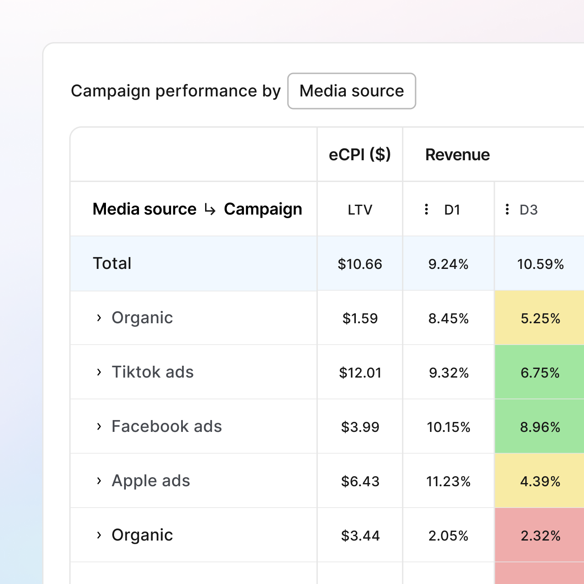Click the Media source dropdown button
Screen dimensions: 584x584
pos(351,91)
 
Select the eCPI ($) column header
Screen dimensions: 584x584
pos(359,155)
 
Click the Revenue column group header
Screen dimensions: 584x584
pos(457,155)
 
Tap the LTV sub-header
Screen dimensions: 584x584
pos(359,210)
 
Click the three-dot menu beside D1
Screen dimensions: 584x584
pos(426,209)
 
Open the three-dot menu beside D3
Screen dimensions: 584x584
pos(507,209)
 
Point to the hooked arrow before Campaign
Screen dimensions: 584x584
pos(210,209)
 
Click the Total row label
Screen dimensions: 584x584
pos(112,263)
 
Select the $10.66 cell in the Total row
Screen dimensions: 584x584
pos(359,264)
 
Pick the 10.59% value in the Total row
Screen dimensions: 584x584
pos(540,264)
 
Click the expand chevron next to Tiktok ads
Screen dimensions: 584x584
pos(99,372)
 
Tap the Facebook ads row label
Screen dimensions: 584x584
pos(167,426)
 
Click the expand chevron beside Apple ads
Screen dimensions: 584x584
pos(99,481)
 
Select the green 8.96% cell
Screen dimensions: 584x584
pos(540,427)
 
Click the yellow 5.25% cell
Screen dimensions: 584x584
pos(540,318)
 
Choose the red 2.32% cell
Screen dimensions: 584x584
pos(540,536)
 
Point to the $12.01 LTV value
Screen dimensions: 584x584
pos(360,373)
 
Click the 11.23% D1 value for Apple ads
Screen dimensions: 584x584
pos(448,481)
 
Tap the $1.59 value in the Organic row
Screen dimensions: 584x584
pos(360,318)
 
